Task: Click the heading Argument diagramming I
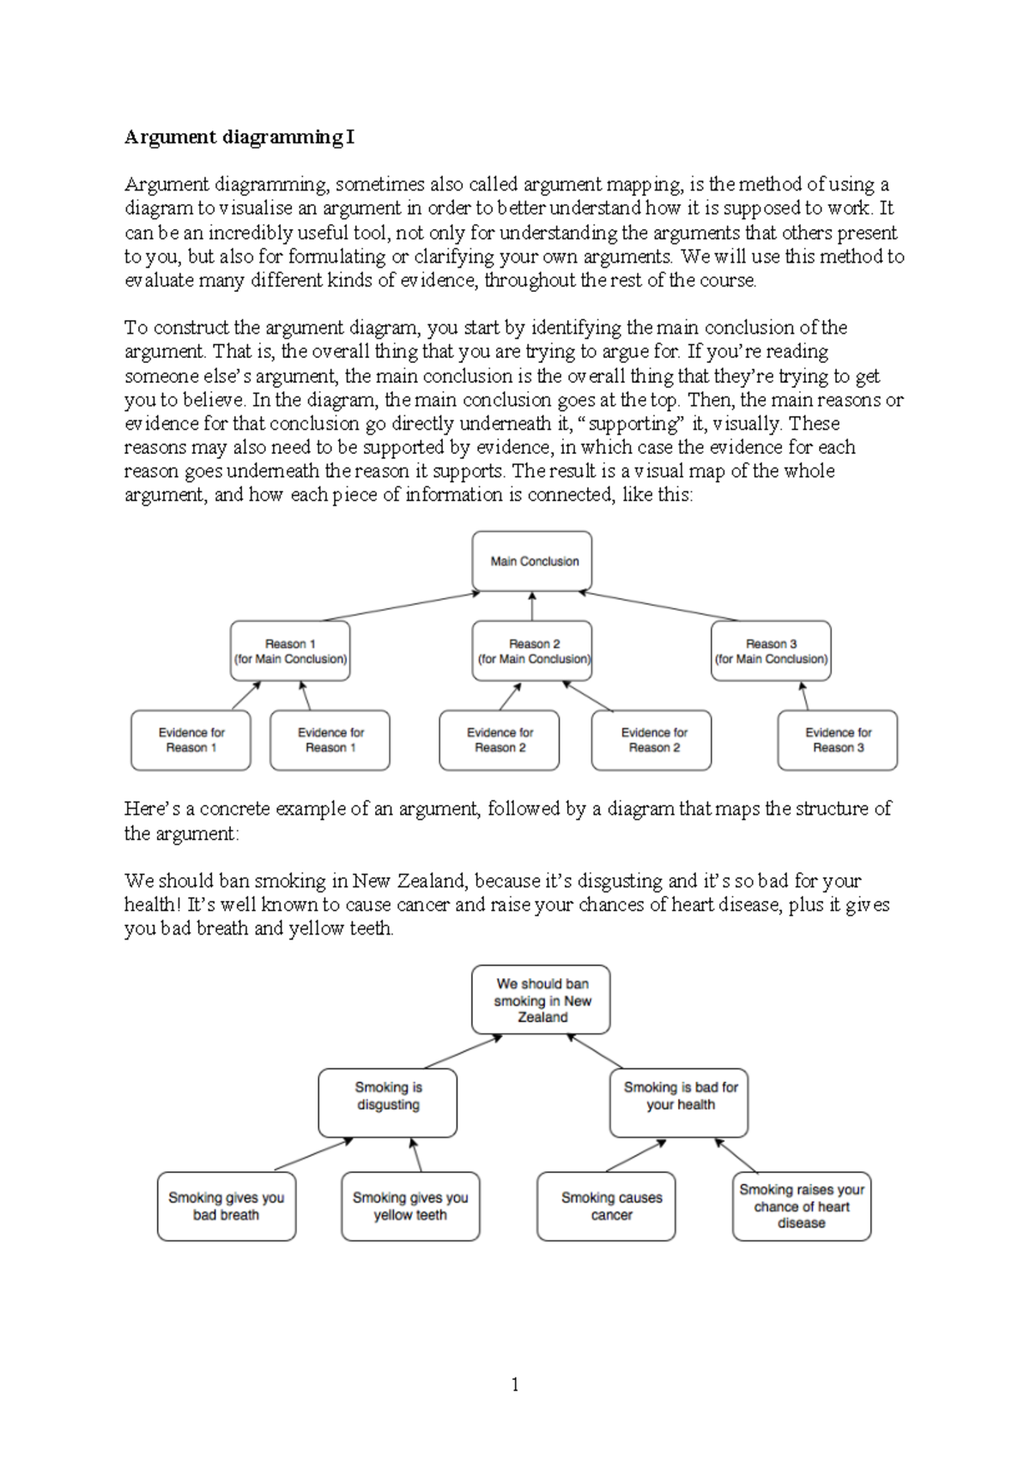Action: coord(239,137)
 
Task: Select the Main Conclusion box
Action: coord(532,561)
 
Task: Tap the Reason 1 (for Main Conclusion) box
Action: coord(290,651)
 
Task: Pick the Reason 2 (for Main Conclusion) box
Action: coord(532,651)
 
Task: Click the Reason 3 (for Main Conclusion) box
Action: coord(771,651)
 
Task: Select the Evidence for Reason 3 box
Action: coord(838,741)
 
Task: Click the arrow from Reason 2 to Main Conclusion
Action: coord(532,607)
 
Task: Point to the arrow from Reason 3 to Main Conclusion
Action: coord(658,606)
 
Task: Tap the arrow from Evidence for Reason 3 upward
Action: coord(804,696)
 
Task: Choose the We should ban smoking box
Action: coord(542,1001)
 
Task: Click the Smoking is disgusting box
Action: coord(388,1103)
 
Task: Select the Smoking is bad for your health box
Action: coord(680,1103)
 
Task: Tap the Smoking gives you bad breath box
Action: coord(227,1206)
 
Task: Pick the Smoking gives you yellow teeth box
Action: coord(410,1206)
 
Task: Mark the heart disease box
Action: coord(802,1206)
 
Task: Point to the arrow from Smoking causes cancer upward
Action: coord(636,1156)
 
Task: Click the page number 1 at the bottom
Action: coord(515,1384)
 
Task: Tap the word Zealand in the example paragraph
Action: coord(431,881)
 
